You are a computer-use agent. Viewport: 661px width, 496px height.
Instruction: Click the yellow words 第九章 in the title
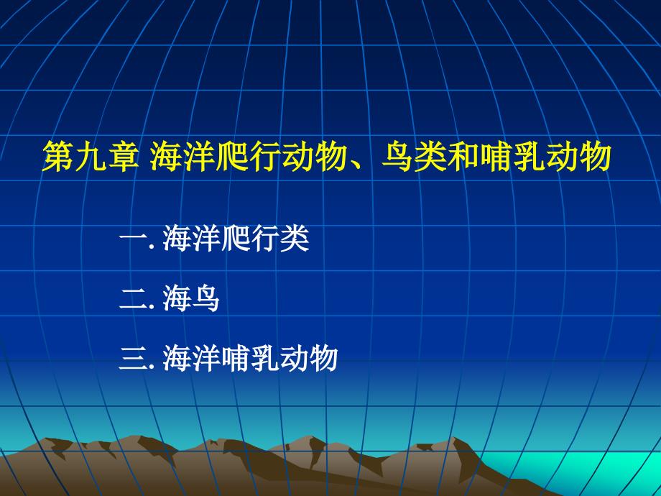click(91, 157)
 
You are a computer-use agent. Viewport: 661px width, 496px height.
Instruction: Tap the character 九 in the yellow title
click(91, 157)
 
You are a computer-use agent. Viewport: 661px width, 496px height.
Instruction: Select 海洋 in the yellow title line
click(182, 157)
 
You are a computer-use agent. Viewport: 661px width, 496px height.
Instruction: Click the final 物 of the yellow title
click(596, 157)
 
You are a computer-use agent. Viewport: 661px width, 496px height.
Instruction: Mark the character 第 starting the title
click(58, 157)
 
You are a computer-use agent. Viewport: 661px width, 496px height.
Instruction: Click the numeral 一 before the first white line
click(133, 239)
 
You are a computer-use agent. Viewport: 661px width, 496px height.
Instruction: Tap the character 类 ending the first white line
click(295, 239)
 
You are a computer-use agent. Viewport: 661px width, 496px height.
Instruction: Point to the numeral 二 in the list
click(133, 299)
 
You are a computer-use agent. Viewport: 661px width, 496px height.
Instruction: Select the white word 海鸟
click(191, 298)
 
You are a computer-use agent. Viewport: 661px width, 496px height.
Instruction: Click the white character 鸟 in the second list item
click(205, 298)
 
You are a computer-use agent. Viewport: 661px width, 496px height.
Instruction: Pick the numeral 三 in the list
click(133, 359)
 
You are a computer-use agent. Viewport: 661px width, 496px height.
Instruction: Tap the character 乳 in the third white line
click(265, 359)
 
